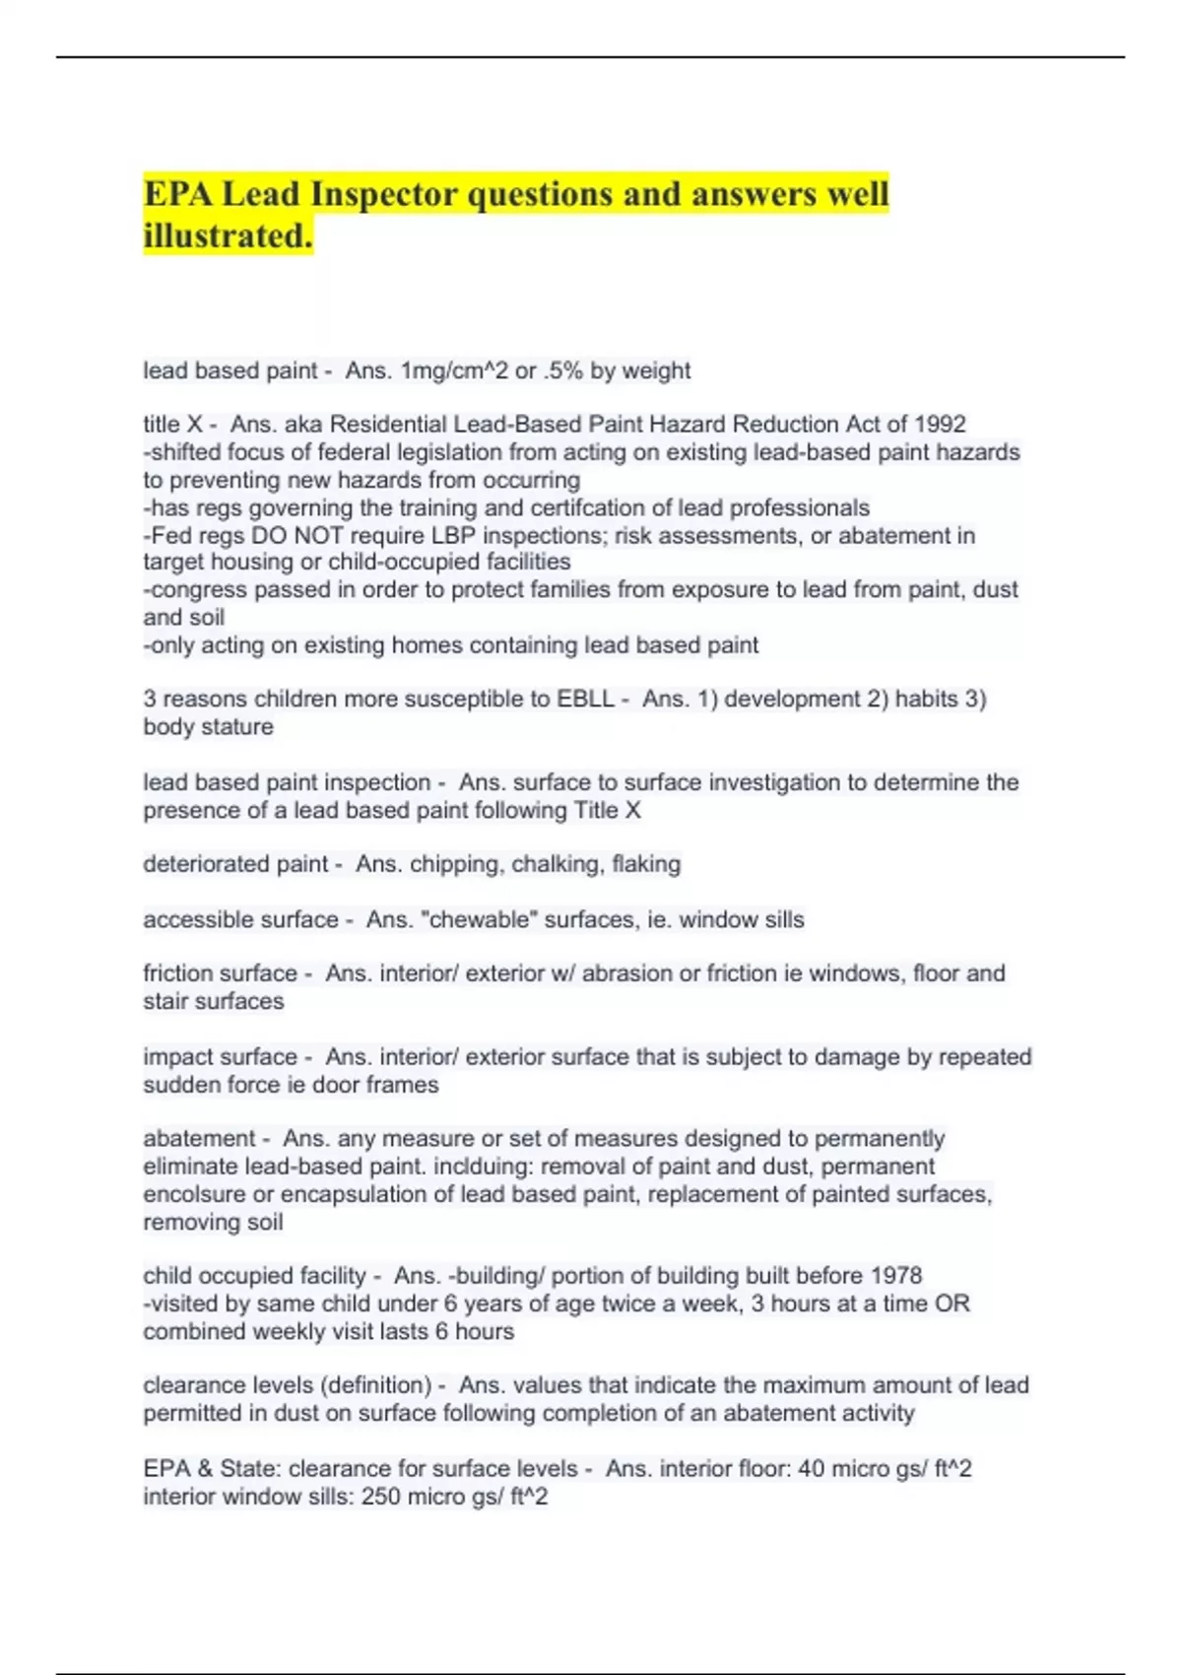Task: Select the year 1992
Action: point(940,424)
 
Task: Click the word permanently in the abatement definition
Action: point(880,1139)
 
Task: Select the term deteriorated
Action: point(205,864)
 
